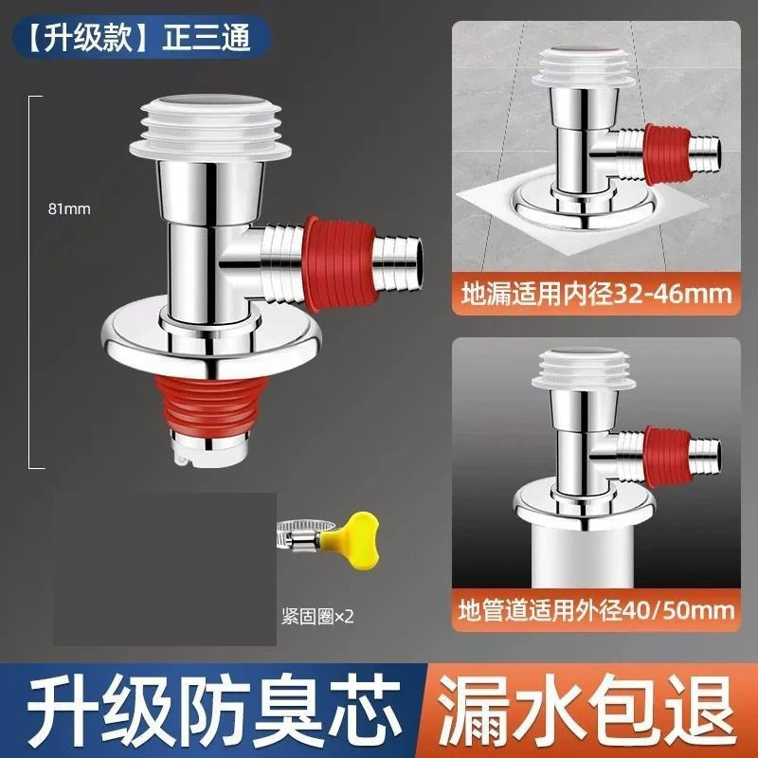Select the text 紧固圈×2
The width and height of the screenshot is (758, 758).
point(317,615)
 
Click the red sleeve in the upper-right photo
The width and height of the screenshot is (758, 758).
point(667,153)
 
